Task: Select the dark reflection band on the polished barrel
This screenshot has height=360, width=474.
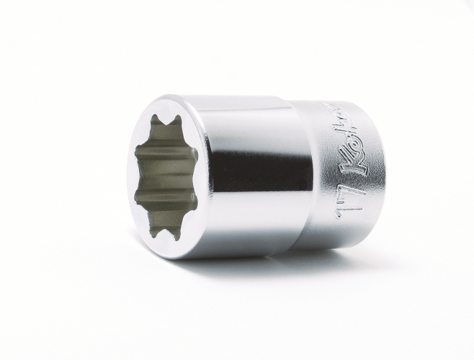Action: [x=238, y=173]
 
